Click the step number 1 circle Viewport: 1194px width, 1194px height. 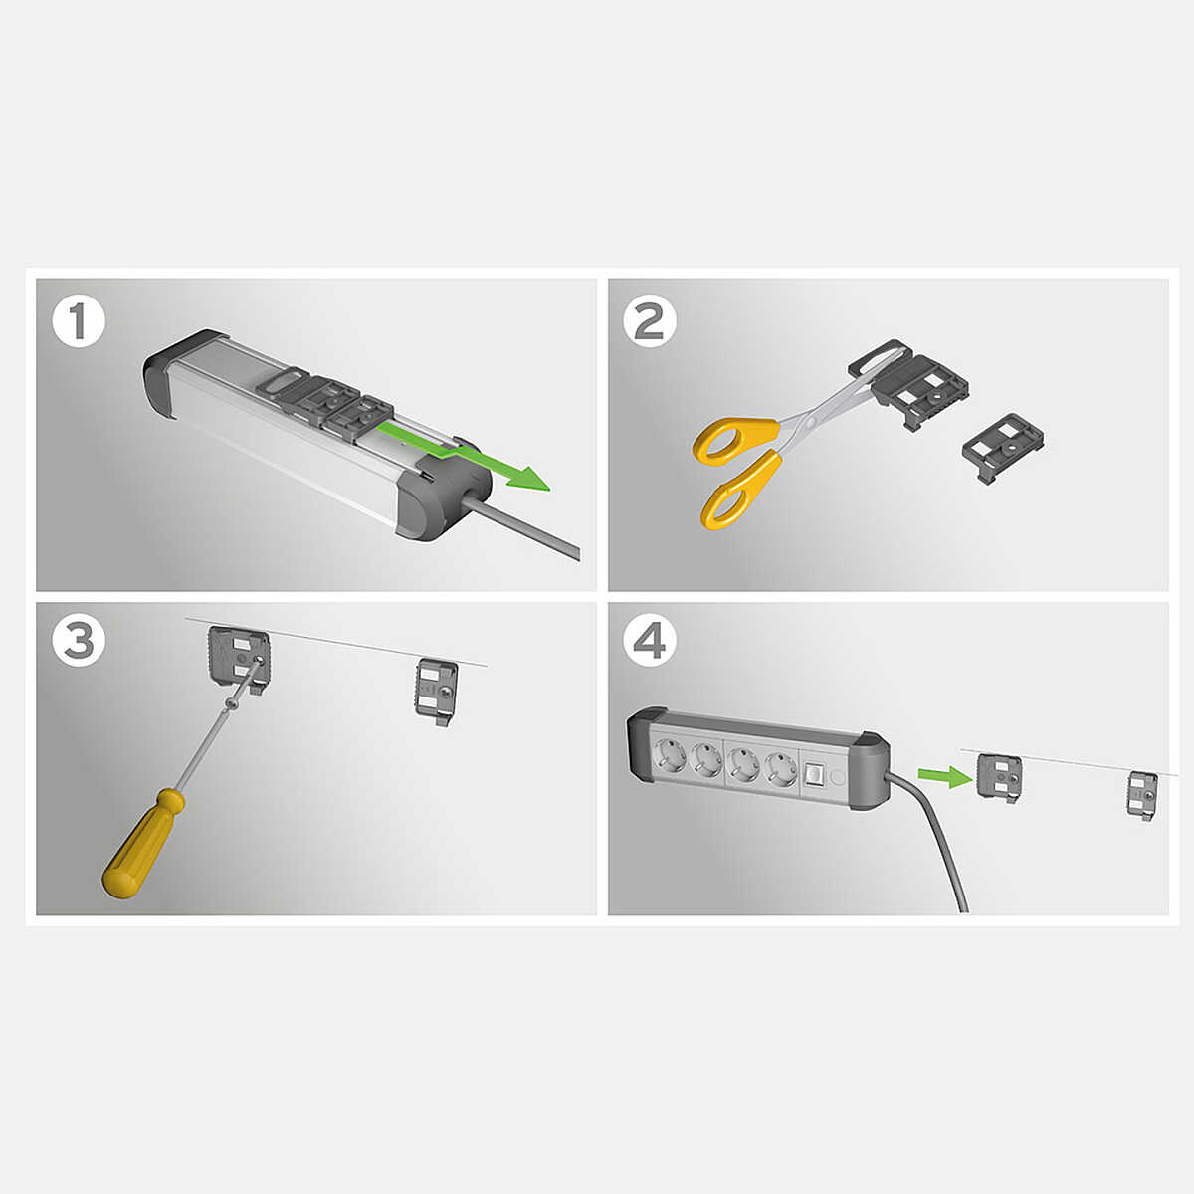(79, 322)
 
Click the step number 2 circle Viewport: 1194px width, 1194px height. (650, 321)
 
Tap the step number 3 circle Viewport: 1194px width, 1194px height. (79, 640)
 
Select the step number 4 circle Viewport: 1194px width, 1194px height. (650, 641)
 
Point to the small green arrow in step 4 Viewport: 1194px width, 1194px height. (944, 776)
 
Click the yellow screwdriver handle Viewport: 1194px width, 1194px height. (143, 843)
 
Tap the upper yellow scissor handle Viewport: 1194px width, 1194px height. (735, 440)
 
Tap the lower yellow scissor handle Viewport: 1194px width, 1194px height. (740, 491)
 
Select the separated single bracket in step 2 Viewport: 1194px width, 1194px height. (1003, 448)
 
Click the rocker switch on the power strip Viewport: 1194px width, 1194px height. (813, 774)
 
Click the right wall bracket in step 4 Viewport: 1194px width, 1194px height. (1142, 796)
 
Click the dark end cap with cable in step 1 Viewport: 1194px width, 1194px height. (444, 494)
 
